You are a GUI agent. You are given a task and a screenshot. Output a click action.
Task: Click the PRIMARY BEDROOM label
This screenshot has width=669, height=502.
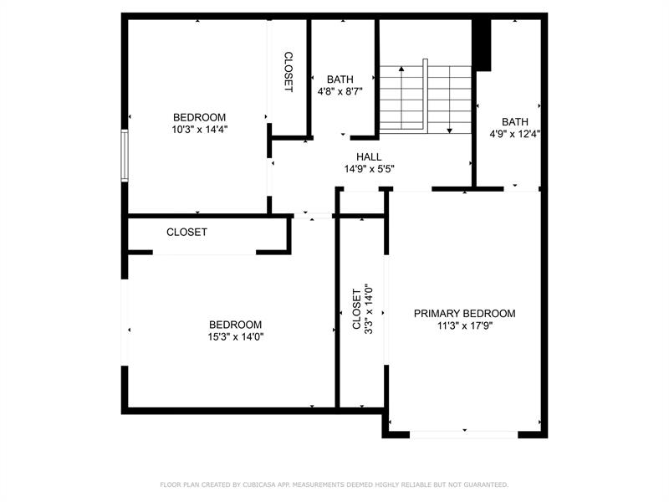tap(465, 314)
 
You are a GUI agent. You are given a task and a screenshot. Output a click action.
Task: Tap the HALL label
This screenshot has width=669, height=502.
tap(369, 156)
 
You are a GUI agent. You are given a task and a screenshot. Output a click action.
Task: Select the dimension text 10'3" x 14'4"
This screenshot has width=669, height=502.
tap(200, 130)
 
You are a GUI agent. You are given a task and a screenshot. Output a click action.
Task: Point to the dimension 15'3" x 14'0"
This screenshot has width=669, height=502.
tap(235, 337)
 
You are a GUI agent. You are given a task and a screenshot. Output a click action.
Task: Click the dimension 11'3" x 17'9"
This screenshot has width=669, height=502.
tap(465, 326)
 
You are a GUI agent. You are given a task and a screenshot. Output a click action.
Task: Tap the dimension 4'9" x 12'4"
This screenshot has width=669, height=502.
tap(515, 133)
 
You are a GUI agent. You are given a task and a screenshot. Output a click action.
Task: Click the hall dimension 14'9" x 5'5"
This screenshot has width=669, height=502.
tap(369, 169)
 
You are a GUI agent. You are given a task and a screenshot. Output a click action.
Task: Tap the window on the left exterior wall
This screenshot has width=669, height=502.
tap(125, 156)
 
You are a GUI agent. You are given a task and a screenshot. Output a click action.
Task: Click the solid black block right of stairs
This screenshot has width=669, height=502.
tap(481, 44)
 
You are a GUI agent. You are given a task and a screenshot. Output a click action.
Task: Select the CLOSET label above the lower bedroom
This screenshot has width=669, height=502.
tap(186, 232)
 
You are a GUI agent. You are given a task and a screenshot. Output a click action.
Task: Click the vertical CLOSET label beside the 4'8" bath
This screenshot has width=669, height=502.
tap(289, 72)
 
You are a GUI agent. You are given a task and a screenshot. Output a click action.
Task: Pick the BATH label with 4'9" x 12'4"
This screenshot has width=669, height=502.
tap(515, 121)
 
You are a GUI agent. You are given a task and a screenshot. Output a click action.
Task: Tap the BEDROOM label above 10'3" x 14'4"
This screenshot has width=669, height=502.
tap(200, 117)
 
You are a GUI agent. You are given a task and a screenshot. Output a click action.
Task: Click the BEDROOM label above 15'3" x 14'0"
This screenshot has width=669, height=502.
tap(235, 325)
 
